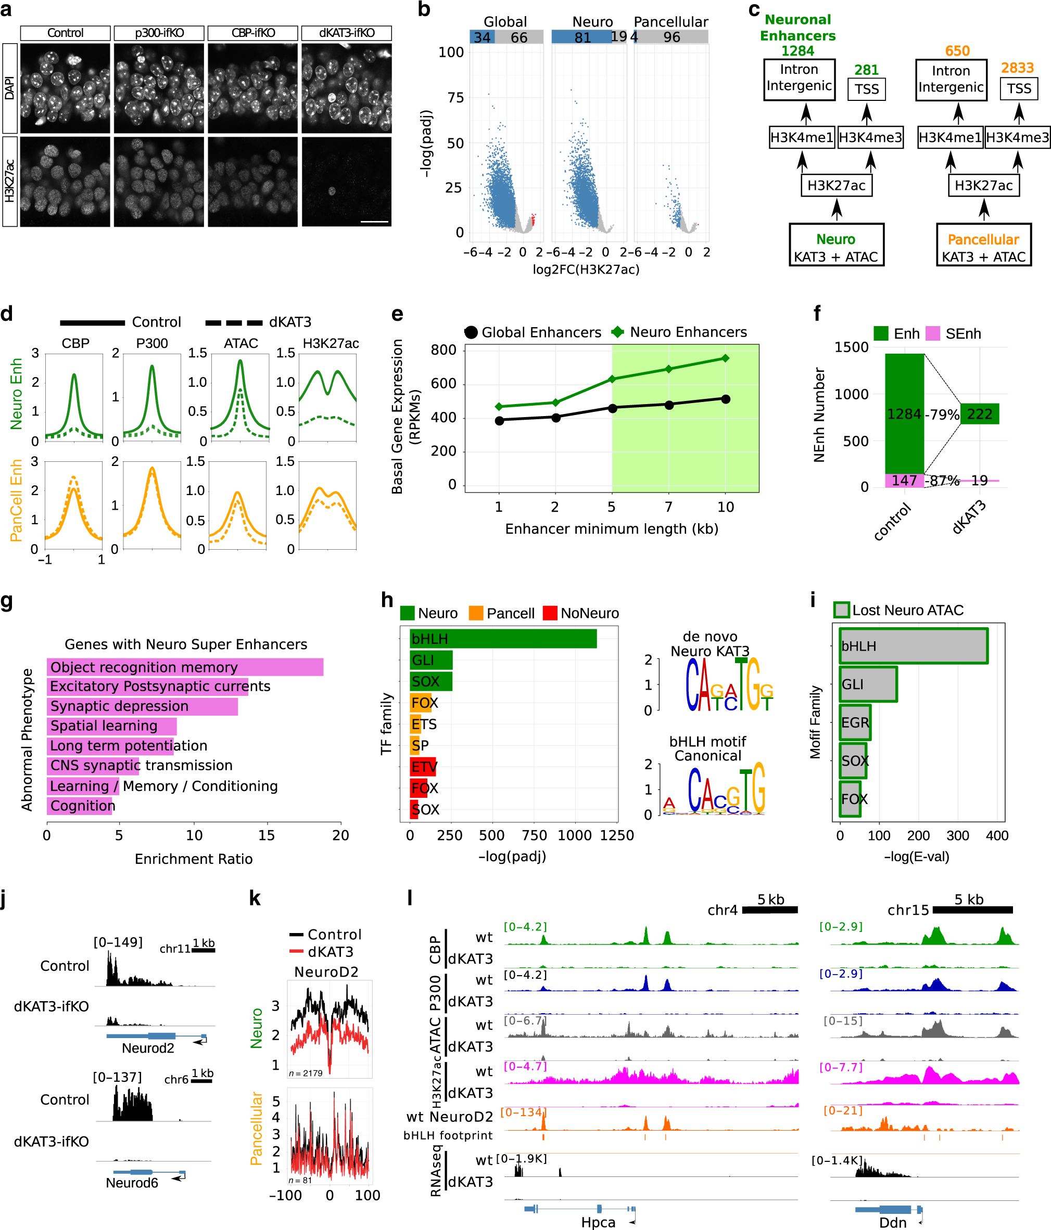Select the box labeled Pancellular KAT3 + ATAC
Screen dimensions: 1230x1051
(x=983, y=245)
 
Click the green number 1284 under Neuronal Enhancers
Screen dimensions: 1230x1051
(x=797, y=51)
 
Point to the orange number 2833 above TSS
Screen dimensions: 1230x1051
(x=1017, y=68)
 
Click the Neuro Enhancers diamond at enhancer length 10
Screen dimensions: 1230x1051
(x=726, y=358)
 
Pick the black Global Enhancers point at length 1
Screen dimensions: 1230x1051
(x=499, y=420)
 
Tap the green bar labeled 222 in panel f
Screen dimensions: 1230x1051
(x=979, y=414)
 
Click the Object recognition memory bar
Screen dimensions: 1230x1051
(x=185, y=667)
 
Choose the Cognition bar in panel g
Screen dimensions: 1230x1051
(x=80, y=806)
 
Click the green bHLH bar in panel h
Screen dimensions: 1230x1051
(x=503, y=639)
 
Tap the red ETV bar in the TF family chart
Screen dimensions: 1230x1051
(x=423, y=767)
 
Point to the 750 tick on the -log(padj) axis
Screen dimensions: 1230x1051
(x=534, y=835)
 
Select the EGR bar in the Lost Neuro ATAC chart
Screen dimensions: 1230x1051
(x=855, y=722)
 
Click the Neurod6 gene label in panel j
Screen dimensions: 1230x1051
(x=132, y=1183)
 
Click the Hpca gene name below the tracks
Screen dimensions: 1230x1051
(x=598, y=1222)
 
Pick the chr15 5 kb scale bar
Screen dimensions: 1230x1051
(x=972, y=910)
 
